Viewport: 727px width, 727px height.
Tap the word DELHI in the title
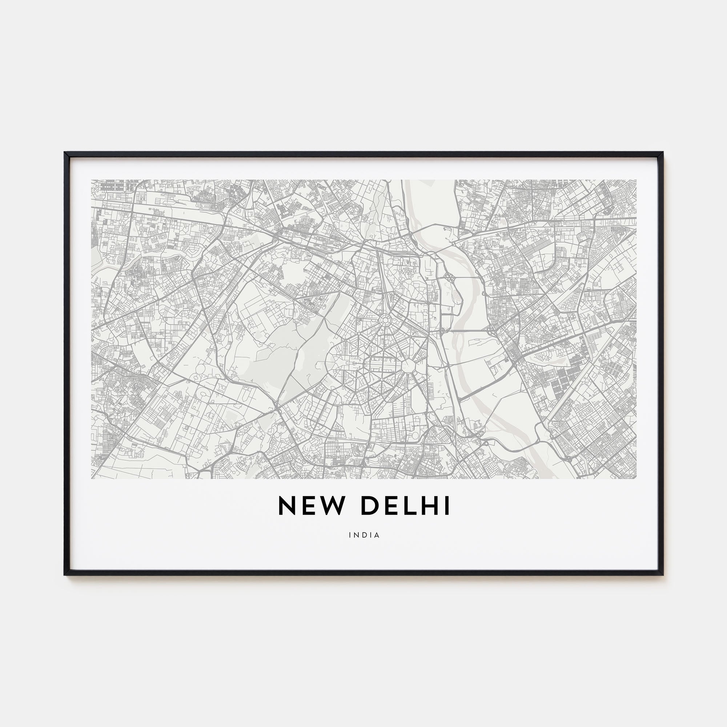405,506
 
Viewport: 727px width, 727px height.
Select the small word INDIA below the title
364,535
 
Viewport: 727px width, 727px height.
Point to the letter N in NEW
286,506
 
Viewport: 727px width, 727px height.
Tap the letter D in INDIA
364,535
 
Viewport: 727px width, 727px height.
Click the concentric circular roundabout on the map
385,321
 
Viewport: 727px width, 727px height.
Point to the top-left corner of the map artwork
92,180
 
